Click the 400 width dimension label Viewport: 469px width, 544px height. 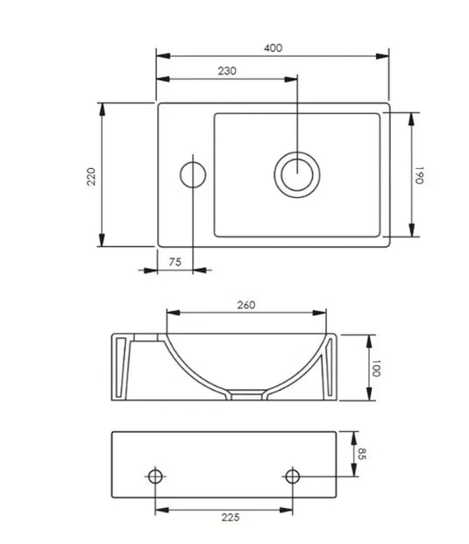[x=273, y=48]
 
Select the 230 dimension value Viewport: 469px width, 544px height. [x=227, y=71]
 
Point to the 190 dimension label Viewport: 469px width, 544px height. [x=421, y=175]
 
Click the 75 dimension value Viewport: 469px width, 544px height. [x=174, y=262]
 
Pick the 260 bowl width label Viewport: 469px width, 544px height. [x=246, y=305]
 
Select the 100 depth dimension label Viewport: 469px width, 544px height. [x=377, y=368]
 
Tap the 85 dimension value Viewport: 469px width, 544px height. [x=360, y=455]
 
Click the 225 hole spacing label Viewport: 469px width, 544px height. [x=229, y=518]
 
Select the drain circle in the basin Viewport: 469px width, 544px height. [x=296, y=173]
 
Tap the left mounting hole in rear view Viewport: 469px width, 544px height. [x=155, y=477]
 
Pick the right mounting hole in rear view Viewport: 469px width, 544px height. [x=293, y=477]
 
